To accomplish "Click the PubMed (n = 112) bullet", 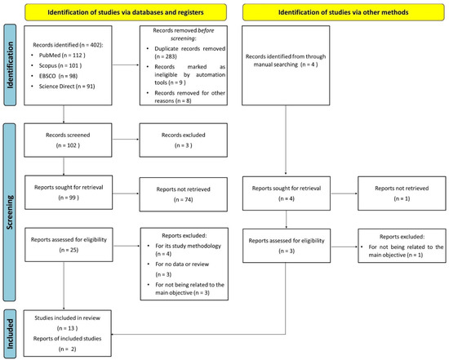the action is tap(62, 56).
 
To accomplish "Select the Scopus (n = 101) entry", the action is tap(60, 65).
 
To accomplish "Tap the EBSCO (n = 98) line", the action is tap(58, 76).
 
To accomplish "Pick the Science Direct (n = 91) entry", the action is tap(67, 87).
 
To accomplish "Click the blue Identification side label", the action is tap(10, 65).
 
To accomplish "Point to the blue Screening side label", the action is tap(10, 212).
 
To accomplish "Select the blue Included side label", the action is tap(10, 334).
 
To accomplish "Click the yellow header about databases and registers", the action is tap(126, 12).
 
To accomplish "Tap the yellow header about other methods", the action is tap(344, 12).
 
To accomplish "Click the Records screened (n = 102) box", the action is tap(68, 140).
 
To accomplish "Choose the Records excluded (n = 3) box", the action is tap(183, 140).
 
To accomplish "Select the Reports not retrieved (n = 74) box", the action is tap(183, 194).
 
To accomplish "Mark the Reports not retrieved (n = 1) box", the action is tap(402, 193).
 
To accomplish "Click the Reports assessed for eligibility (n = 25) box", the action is tap(69, 245).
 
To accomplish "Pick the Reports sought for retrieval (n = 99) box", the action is tap(69, 192).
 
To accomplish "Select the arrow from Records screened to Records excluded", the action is tap(126, 140).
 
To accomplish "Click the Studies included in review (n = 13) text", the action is tap(67, 323).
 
